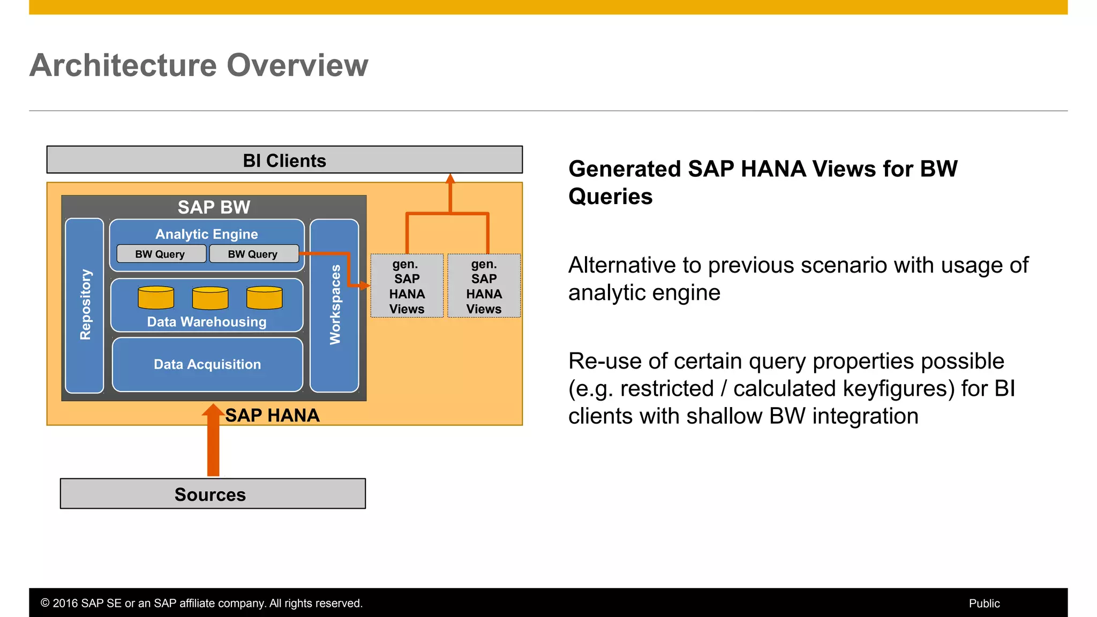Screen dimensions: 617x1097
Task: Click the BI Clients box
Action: click(284, 160)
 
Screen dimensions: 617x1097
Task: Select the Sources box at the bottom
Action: click(213, 494)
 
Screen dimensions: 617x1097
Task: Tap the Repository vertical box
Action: click(85, 305)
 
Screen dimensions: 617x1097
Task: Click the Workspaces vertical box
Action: click(334, 305)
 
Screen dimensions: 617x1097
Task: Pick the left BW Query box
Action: click(161, 254)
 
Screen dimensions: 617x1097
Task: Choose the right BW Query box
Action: click(253, 254)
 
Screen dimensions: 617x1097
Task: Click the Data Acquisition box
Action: click(207, 364)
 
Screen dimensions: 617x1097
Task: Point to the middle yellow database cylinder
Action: click(210, 298)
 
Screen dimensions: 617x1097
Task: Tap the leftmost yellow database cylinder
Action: click(156, 298)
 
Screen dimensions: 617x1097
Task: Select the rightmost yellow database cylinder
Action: click(265, 298)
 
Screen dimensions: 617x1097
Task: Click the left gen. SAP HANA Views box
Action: click(407, 286)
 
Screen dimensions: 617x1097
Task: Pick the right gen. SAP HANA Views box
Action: click(484, 286)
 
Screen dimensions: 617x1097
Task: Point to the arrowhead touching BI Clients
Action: click(450, 178)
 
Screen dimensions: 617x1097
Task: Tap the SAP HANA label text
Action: click(272, 415)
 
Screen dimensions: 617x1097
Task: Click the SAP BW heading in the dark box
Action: click(214, 207)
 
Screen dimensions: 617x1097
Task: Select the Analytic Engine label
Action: click(207, 234)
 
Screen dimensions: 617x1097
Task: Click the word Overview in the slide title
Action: click(297, 65)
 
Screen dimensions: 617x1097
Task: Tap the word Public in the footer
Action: click(984, 603)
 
